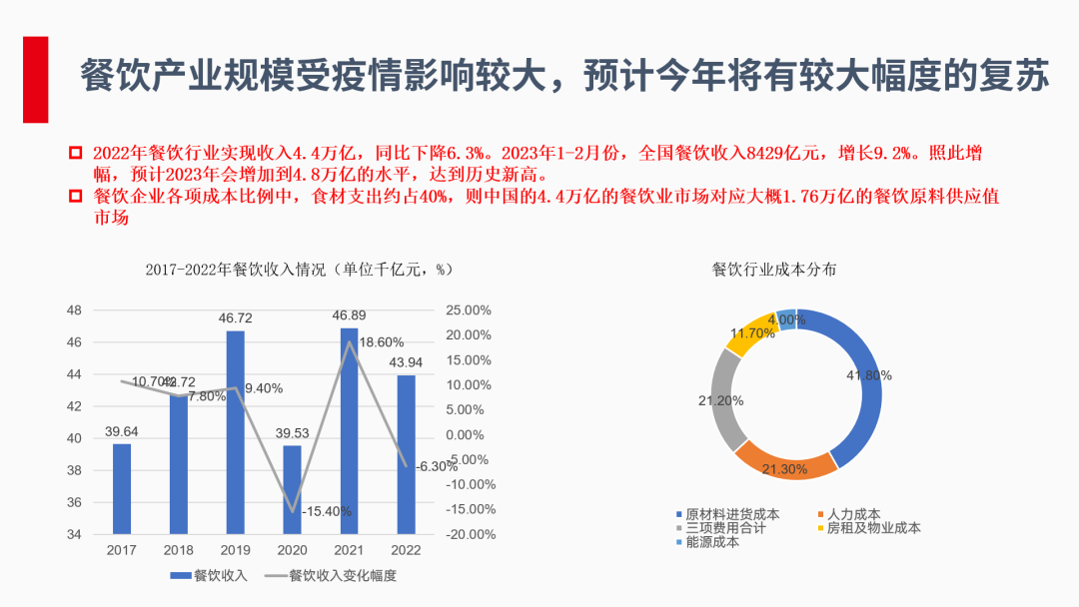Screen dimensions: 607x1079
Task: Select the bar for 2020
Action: coord(292,489)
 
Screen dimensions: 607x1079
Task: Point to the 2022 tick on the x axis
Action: coord(406,550)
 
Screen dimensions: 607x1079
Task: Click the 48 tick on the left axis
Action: coord(74,310)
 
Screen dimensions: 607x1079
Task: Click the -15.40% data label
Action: coord(328,511)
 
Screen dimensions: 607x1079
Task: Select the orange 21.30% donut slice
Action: coord(785,462)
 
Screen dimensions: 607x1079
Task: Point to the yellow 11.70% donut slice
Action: coord(747,332)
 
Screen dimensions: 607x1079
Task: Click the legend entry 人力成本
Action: coord(852,514)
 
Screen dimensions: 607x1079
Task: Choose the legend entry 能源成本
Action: coord(711,542)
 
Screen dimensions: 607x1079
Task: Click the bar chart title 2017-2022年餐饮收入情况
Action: coord(300,270)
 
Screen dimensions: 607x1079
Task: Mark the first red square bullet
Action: coord(74,153)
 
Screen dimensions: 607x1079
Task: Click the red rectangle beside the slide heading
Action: coord(36,80)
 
